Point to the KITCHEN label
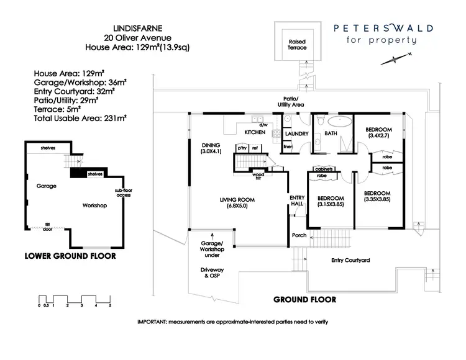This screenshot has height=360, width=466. point(255,132)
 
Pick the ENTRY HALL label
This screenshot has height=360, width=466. point(297,202)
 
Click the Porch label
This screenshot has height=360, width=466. point(299,236)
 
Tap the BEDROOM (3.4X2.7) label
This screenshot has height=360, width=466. point(378,132)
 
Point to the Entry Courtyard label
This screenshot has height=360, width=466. point(351,261)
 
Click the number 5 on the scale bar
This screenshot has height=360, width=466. point(110,306)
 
